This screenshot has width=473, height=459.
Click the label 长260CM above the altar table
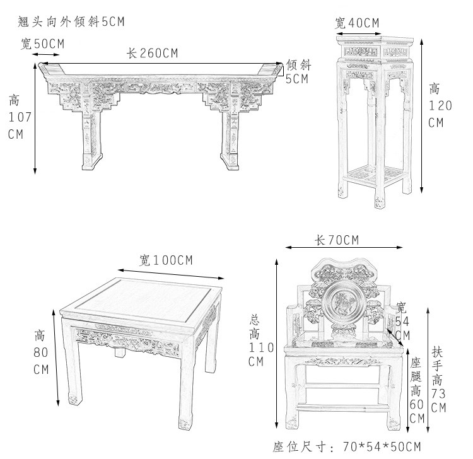click(152, 54)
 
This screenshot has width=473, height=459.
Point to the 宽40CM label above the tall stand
click(358, 23)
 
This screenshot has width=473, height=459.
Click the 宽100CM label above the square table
click(166, 260)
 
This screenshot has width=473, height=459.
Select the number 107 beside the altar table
click(16, 117)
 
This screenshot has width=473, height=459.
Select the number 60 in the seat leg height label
click(417, 404)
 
